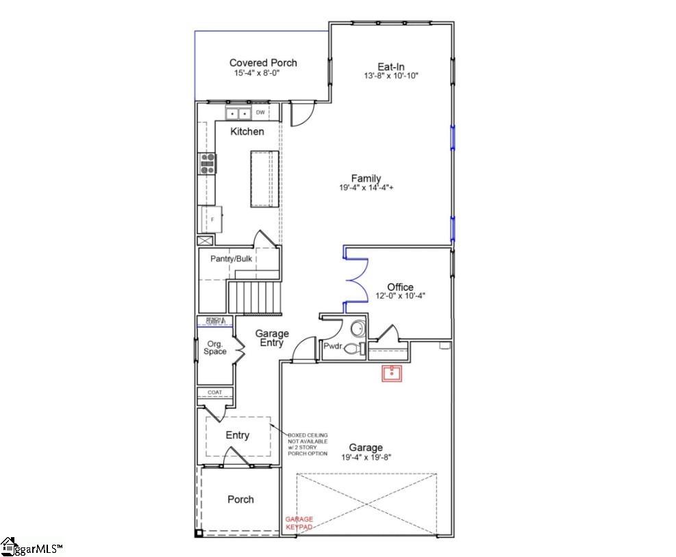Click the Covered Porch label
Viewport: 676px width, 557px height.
coord(263,63)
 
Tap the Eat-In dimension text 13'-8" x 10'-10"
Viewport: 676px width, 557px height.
coord(391,76)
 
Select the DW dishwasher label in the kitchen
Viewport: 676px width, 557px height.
coord(260,112)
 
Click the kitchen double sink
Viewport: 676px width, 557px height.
coord(238,113)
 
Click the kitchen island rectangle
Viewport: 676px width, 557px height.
coord(260,178)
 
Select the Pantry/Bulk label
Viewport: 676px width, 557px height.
coord(231,259)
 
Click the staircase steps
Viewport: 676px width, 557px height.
coord(254,296)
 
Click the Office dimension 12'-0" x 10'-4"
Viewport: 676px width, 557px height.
coord(401,296)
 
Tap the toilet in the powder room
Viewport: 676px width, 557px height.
coord(355,348)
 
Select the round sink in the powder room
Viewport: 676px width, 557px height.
coord(358,329)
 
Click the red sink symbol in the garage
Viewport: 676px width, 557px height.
coord(392,374)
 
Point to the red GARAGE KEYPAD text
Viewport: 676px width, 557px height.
coord(299,523)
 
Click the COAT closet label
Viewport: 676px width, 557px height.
coord(215,392)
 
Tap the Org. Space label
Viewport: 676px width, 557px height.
coord(215,348)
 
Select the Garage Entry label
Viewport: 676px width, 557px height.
coord(272,338)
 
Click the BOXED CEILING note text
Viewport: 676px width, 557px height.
coord(308,444)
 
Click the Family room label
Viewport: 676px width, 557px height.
coord(366,179)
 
